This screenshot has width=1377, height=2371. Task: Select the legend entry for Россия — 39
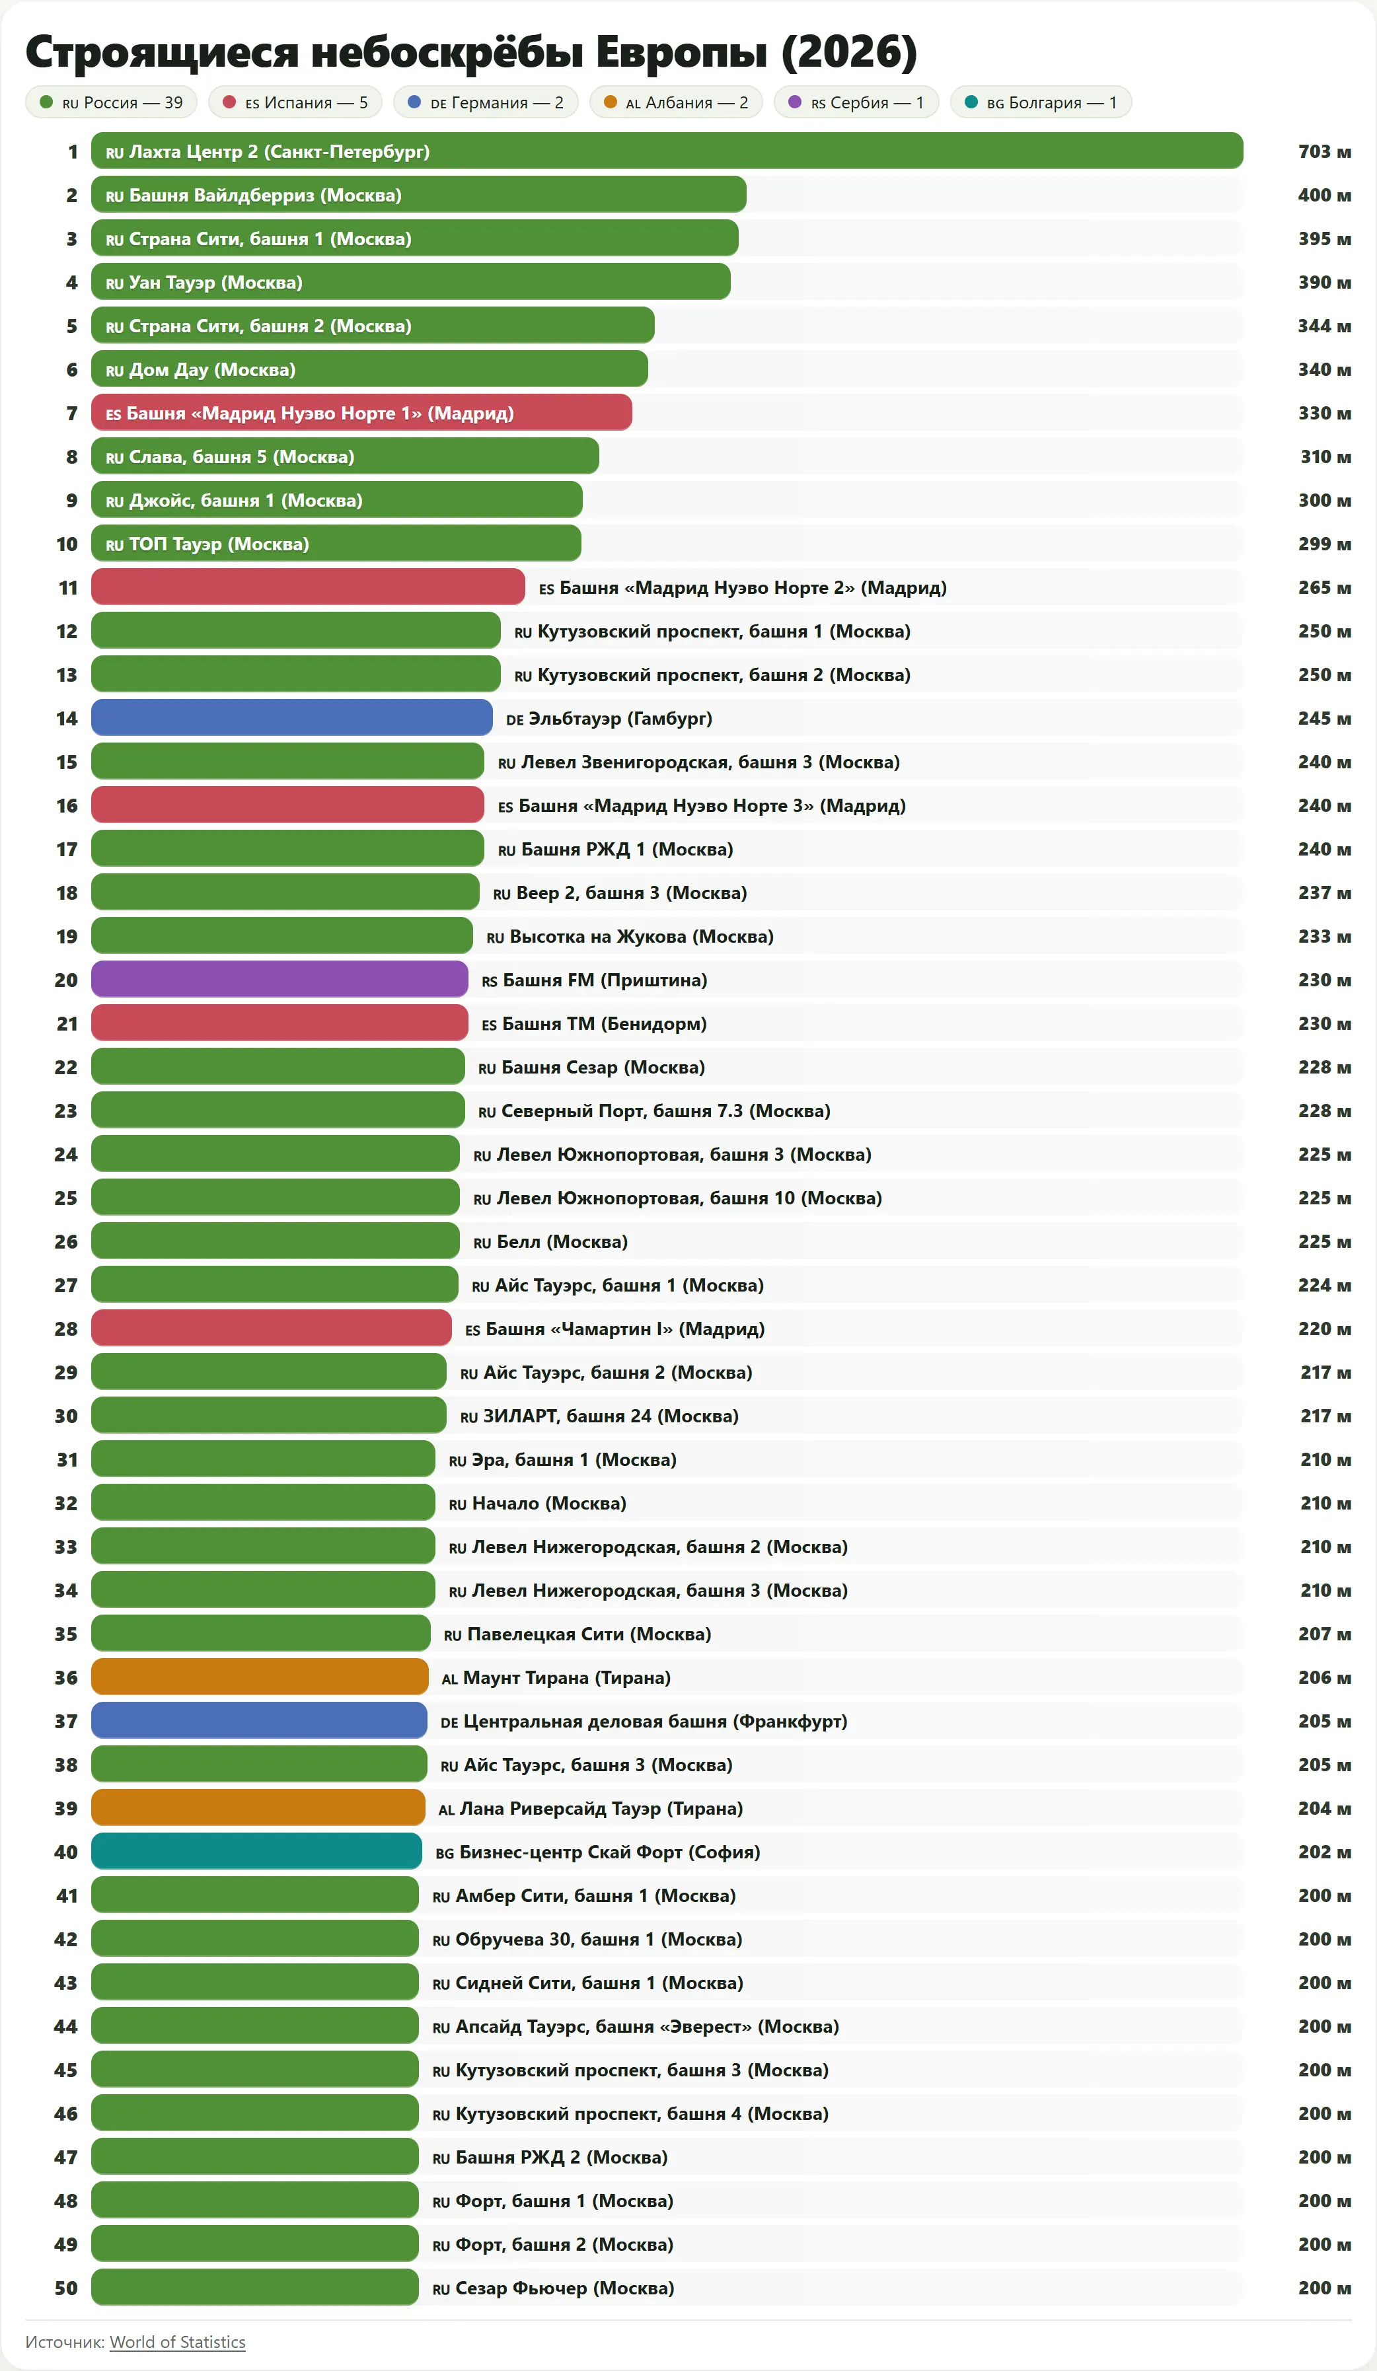[111, 102]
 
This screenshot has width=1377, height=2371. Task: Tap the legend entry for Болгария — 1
[1040, 102]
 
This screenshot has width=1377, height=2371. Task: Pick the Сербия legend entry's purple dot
[794, 102]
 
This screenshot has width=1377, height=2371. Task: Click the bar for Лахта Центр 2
[667, 151]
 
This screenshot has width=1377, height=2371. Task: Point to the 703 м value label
[1323, 151]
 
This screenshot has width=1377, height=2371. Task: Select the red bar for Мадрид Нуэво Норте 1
[361, 413]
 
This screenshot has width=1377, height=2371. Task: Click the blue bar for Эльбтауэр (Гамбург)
[292, 718]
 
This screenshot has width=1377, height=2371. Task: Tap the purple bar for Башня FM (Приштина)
[279, 980]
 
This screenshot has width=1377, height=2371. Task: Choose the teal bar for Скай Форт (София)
[256, 1852]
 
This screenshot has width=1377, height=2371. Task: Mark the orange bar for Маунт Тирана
[260, 1677]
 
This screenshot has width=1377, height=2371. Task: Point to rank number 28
[66, 1329]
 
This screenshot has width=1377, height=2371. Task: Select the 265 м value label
[1323, 587]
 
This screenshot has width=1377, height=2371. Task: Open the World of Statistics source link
[177, 2342]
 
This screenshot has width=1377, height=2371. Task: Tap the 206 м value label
[1323, 1677]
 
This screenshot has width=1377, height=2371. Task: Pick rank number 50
[66, 2288]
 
